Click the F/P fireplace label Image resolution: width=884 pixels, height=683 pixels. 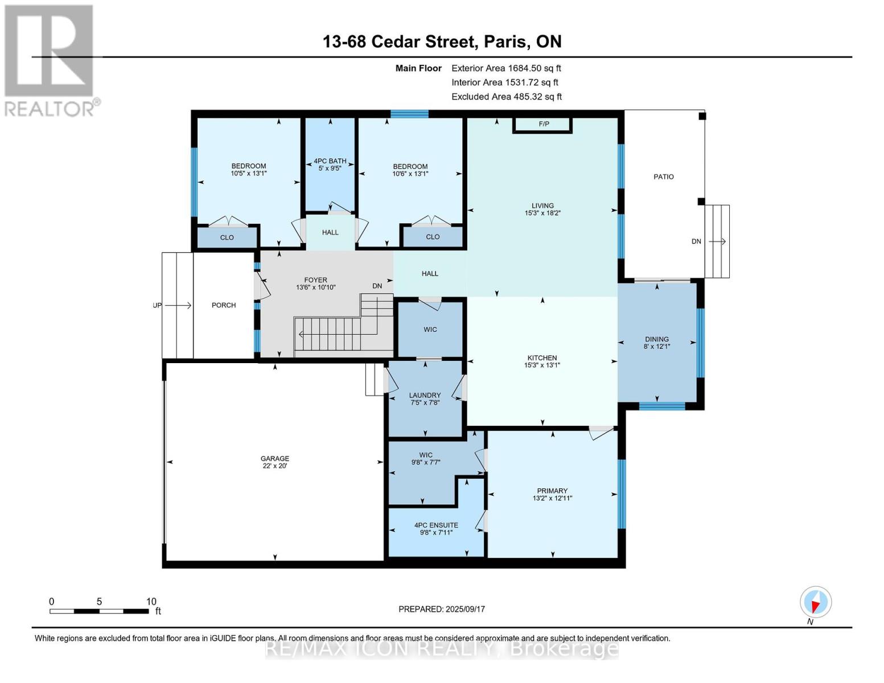pyautogui.click(x=544, y=124)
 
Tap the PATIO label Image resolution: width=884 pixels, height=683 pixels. pyautogui.click(x=664, y=176)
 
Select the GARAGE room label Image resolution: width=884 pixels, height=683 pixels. pyautogui.click(x=275, y=458)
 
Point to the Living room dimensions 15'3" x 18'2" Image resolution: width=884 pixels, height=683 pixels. pyautogui.click(x=542, y=213)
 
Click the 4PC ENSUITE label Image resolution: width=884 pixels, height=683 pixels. pyautogui.click(x=436, y=525)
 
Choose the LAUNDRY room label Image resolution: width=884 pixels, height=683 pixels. pyautogui.click(x=425, y=395)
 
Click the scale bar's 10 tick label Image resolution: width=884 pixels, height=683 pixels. pyautogui.click(x=151, y=601)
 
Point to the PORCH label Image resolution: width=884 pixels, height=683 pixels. pyautogui.click(x=224, y=305)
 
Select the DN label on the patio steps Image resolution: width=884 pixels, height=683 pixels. pyautogui.click(x=697, y=241)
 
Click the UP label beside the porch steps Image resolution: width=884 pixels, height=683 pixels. pyautogui.click(x=157, y=305)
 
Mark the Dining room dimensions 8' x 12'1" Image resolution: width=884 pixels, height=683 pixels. pyautogui.click(x=657, y=347)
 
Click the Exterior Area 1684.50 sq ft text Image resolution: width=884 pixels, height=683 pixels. pyautogui.click(x=506, y=68)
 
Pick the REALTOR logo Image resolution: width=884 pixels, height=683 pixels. pyautogui.click(x=51, y=61)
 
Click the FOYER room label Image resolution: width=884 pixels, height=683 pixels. pyautogui.click(x=316, y=280)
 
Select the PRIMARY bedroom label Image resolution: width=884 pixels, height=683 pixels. pyautogui.click(x=552, y=491)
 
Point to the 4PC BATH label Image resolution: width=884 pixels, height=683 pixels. pyautogui.click(x=330, y=161)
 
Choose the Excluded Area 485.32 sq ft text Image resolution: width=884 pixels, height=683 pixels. pyautogui.click(x=507, y=96)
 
